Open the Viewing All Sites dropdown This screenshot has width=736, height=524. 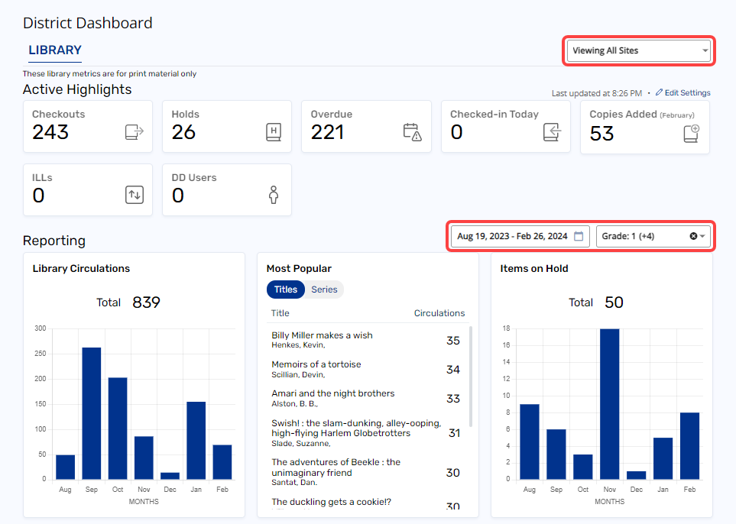[x=638, y=51]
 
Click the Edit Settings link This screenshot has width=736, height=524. [x=683, y=93]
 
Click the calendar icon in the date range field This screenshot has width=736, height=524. [x=579, y=236]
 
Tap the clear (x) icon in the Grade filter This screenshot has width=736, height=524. [x=693, y=236]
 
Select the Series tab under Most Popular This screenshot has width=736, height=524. [x=324, y=289]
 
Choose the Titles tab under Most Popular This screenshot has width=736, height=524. [x=285, y=289]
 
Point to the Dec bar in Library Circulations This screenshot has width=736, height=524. [x=170, y=475]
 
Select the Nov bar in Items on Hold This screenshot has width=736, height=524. [x=609, y=403]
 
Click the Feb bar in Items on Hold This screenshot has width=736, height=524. [x=689, y=445]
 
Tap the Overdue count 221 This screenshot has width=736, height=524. [x=328, y=133]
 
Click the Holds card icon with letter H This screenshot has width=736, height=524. [x=273, y=131]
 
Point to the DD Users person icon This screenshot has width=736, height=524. [x=273, y=195]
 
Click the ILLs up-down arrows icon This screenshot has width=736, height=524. [x=134, y=195]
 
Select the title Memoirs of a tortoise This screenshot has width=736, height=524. [x=316, y=364]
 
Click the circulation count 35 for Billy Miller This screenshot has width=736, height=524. [x=453, y=341]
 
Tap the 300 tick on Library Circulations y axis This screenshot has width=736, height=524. [x=40, y=328]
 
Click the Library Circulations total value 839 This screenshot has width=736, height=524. [x=146, y=302]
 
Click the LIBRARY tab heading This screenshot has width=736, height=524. [x=55, y=50]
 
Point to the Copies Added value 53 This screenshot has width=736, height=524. [x=602, y=134]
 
